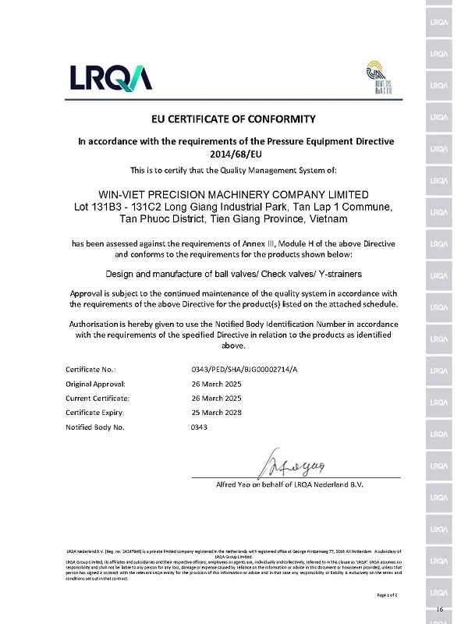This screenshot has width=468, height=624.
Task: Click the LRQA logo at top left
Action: coord(111,77)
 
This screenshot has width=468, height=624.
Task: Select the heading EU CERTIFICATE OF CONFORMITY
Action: coord(233,119)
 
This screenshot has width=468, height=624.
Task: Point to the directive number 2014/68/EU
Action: coord(234,154)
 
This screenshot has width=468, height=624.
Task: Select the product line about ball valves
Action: coord(233,274)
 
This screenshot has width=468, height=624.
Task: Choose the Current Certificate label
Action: coord(99,398)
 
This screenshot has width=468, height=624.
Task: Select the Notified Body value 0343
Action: coord(199,427)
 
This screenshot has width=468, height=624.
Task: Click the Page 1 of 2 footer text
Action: coord(388,595)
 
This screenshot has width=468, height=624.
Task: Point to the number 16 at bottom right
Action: coord(441,608)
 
